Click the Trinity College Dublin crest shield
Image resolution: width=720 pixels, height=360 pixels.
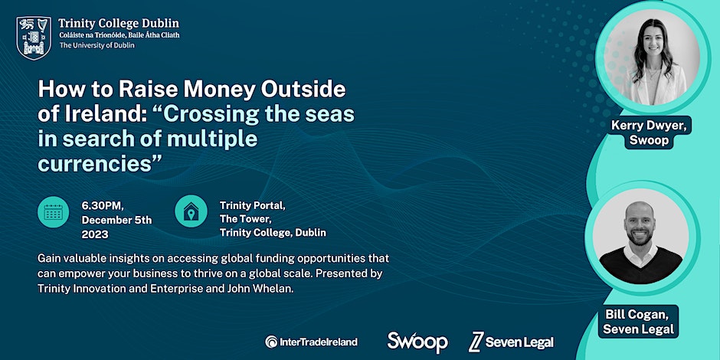(34, 38)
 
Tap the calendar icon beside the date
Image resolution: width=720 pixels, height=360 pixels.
(54, 212)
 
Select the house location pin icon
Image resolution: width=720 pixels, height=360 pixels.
(191, 211)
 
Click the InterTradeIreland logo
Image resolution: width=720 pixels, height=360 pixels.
(311, 342)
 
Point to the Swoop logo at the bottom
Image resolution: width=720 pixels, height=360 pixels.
(417, 342)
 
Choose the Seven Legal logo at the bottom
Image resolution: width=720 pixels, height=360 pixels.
(511, 342)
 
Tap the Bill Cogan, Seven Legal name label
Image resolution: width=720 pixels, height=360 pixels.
(638, 322)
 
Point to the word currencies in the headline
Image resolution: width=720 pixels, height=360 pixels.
(95, 164)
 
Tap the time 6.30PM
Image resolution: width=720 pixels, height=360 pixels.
(103, 205)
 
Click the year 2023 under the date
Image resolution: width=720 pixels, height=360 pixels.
(95, 234)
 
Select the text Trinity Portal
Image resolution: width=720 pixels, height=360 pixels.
(253, 205)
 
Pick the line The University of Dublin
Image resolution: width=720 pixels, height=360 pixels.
(97, 45)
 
